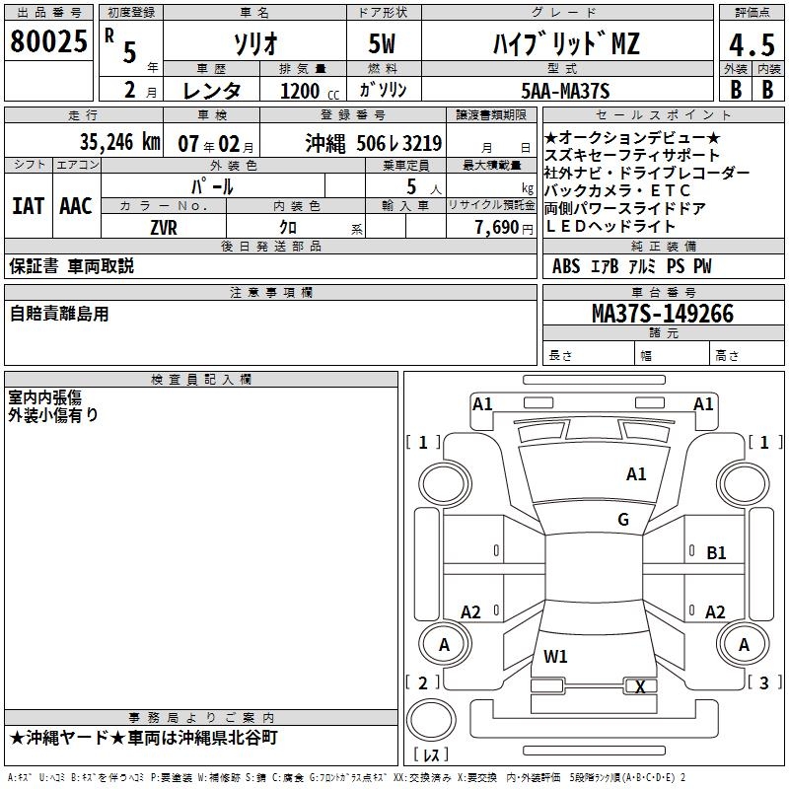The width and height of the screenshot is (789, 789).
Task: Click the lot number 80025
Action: (x=48, y=42)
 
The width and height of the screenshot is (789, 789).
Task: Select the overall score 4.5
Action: (x=751, y=45)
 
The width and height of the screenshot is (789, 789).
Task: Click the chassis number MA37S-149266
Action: (x=662, y=314)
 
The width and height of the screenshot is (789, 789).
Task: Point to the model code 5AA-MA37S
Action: (x=564, y=91)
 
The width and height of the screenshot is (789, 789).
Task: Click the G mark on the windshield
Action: (x=623, y=520)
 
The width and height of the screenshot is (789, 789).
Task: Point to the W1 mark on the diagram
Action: (x=555, y=656)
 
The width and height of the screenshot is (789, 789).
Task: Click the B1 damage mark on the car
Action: (x=717, y=553)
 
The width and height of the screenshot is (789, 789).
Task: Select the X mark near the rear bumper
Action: (x=640, y=687)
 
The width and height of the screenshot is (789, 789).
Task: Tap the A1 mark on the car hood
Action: (x=636, y=474)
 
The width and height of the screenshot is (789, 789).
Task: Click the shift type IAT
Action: (x=28, y=205)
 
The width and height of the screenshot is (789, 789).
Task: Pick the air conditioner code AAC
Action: (x=75, y=205)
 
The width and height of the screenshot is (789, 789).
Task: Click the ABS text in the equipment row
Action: (x=566, y=266)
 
